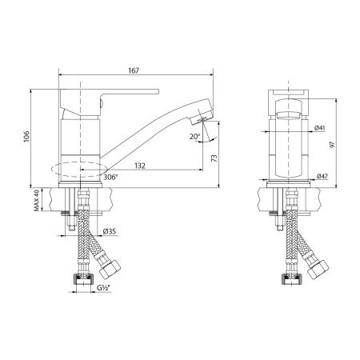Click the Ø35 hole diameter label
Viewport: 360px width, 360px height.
[110, 233]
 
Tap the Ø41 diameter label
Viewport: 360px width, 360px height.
[321, 128]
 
